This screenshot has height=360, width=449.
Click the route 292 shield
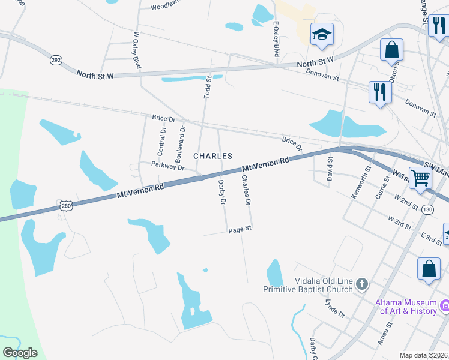[x=56, y=60]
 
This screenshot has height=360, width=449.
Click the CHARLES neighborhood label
[x=212, y=156]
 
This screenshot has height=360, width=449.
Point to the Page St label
[x=239, y=229]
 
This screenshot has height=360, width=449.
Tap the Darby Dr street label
[x=221, y=193]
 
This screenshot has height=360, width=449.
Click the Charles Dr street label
[x=246, y=189]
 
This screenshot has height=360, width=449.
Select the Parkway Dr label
[x=167, y=166]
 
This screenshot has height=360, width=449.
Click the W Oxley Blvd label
[x=137, y=50]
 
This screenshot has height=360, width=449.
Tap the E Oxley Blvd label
[x=276, y=40]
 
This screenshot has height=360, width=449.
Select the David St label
[x=330, y=169]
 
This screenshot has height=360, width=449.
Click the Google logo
[x=20, y=353]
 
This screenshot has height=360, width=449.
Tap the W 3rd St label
[x=399, y=223]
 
